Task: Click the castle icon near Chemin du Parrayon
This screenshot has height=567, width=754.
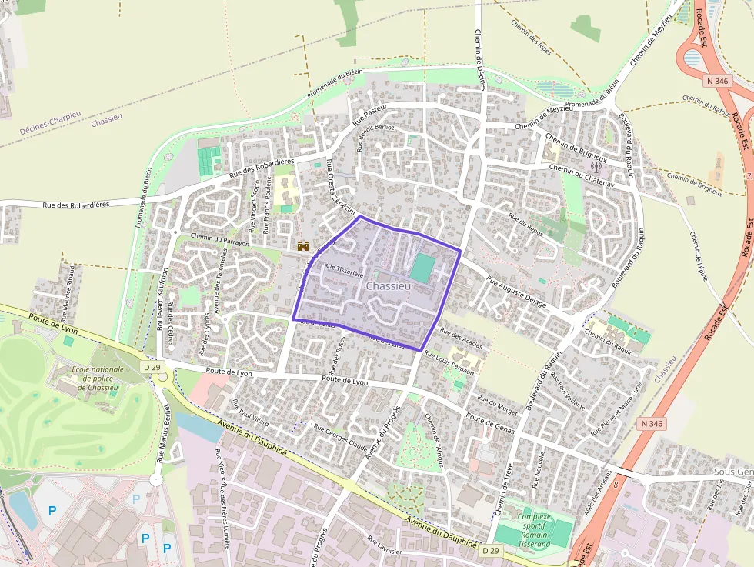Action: point(303,246)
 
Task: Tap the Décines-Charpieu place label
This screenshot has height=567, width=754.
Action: point(51,122)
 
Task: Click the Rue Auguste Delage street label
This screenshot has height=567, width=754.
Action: point(516,292)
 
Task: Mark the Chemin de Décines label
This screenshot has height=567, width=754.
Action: point(481,60)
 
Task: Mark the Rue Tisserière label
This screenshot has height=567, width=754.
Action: point(343,269)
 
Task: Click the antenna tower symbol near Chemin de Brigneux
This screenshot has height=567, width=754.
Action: point(595,165)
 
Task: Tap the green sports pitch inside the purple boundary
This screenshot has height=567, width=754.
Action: point(422,268)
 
